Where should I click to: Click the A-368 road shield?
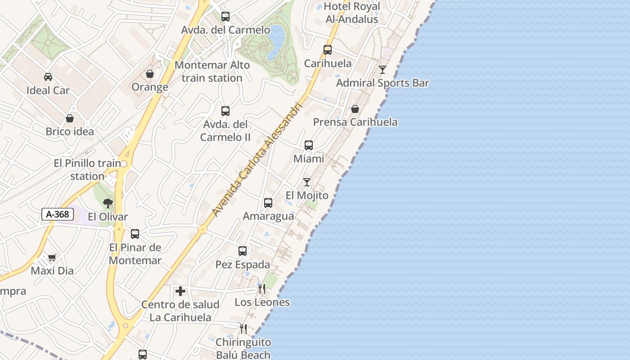(x=58, y=214)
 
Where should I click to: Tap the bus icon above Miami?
(x=309, y=145)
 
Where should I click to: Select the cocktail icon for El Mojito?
(x=307, y=182)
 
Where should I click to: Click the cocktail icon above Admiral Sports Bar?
(x=382, y=70)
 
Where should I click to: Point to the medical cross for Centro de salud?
(x=180, y=291)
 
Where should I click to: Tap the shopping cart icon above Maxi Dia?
(x=52, y=257)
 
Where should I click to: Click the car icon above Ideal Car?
(x=48, y=77)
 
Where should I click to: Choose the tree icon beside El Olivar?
(x=108, y=203)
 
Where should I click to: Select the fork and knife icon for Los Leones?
(x=261, y=288)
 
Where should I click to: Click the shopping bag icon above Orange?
(x=150, y=74)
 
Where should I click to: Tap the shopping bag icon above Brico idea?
(x=70, y=118)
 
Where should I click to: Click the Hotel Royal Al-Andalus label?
(x=352, y=13)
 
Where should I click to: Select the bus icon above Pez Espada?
(x=243, y=251)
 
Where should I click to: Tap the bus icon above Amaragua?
(x=268, y=203)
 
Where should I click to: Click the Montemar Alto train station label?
(x=212, y=72)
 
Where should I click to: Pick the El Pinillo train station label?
(x=87, y=170)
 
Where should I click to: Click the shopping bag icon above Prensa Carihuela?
(x=355, y=109)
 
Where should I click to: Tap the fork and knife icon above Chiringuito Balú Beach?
(x=243, y=329)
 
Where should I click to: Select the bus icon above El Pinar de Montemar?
(x=135, y=234)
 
